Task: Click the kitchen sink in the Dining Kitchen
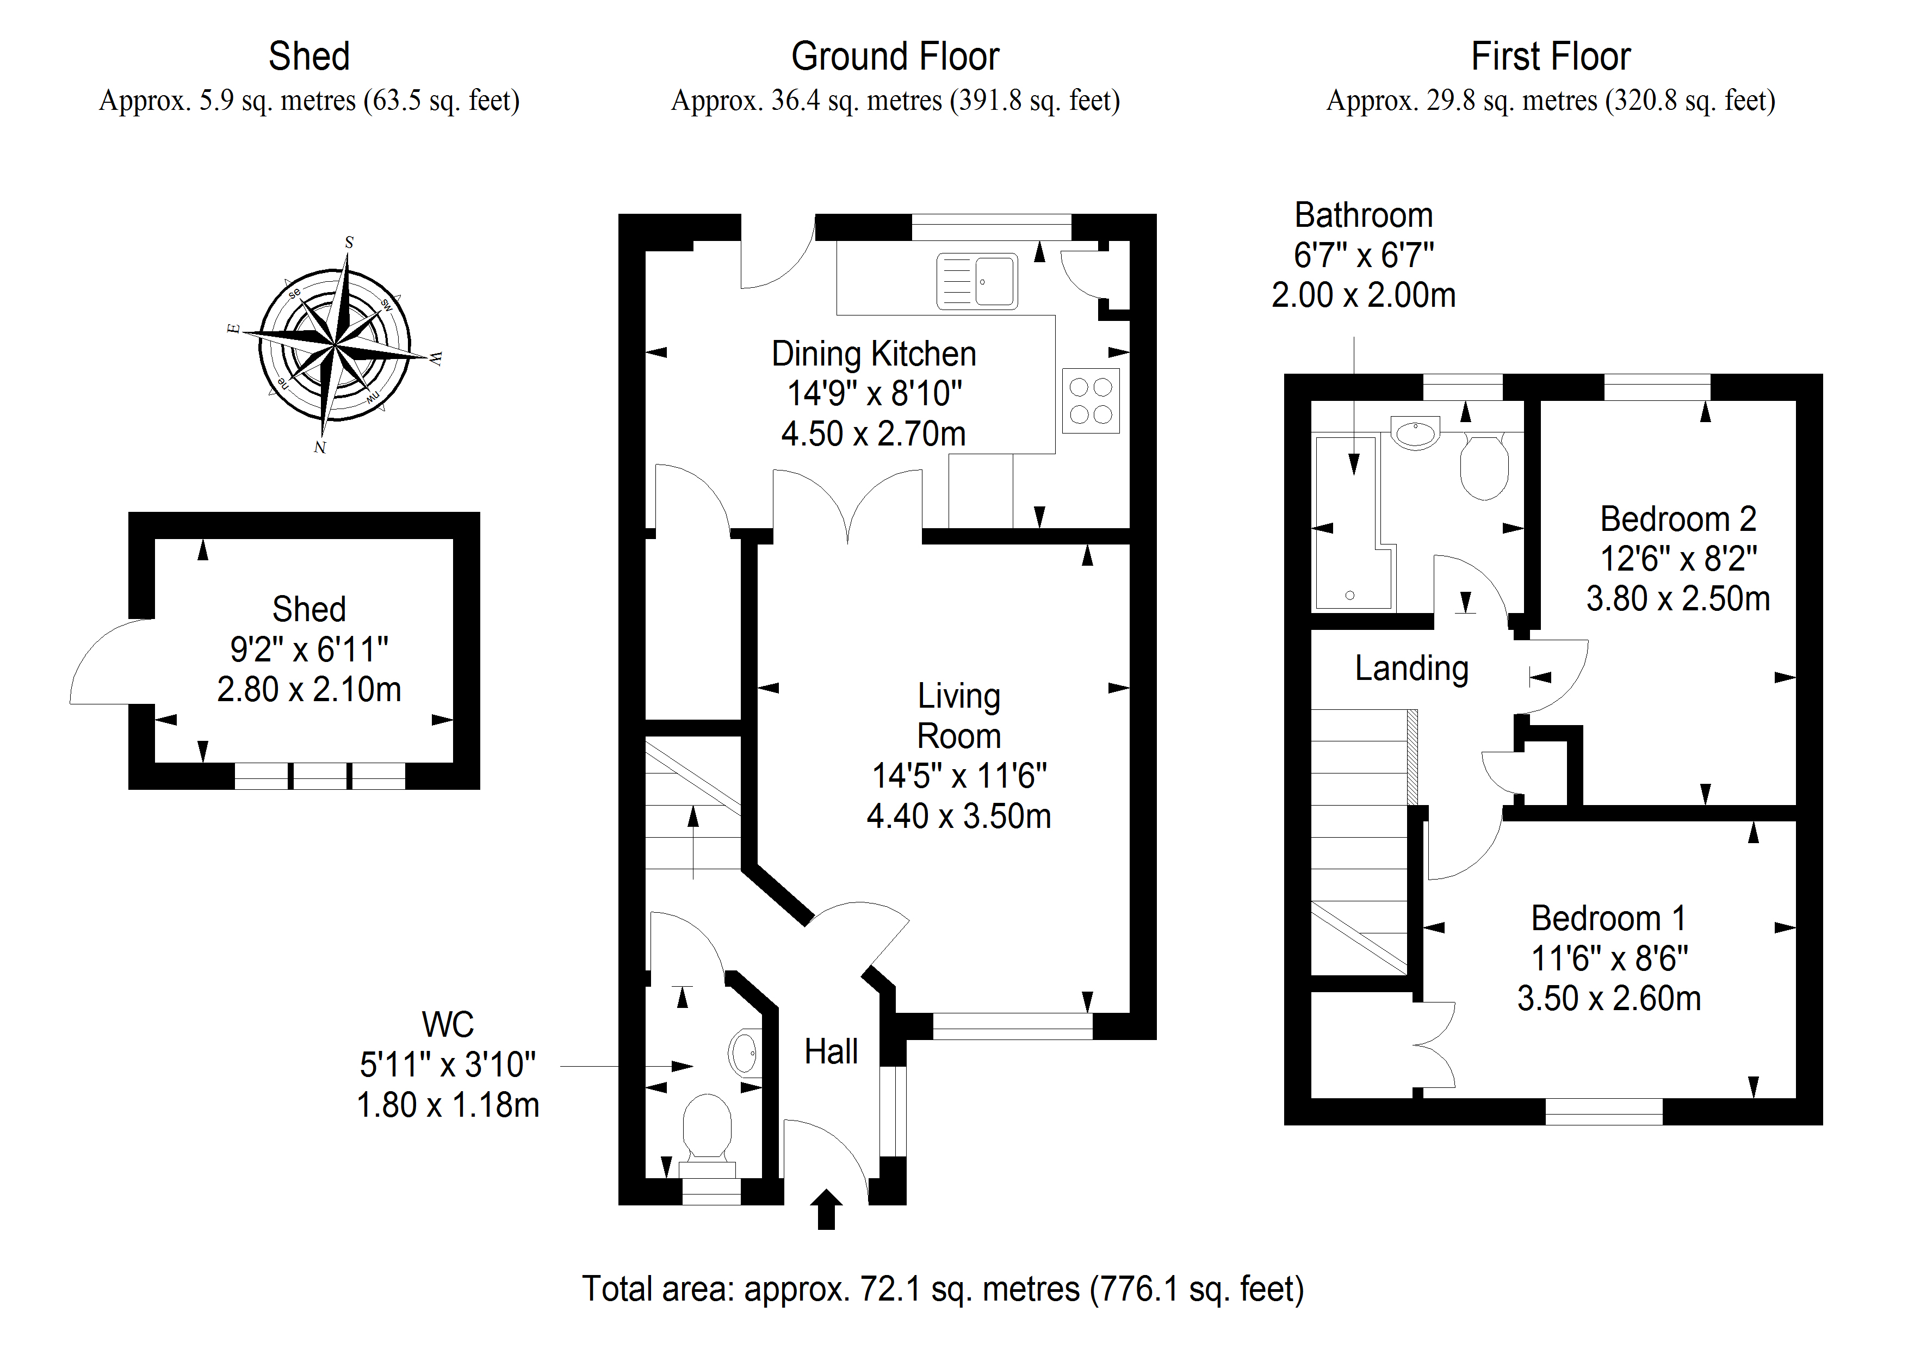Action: pyautogui.click(x=977, y=281)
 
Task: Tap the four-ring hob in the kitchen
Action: pyautogui.click(x=1091, y=401)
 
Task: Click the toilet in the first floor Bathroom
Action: pyautogui.click(x=1484, y=467)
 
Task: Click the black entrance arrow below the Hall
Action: pyautogui.click(x=826, y=1209)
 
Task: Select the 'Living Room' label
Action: pyautogui.click(x=958, y=716)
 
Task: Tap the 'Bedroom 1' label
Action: pyautogui.click(x=1608, y=918)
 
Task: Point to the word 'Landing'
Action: pyautogui.click(x=1411, y=669)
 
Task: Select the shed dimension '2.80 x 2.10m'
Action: pyautogui.click(x=308, y=689)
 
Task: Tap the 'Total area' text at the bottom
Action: pyautogui.click(x=943, y=1288)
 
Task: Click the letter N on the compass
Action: pyautogui.click(x=320, y=447)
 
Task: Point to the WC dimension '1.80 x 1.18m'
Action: pyautogui.click(x=448, y=1105)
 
